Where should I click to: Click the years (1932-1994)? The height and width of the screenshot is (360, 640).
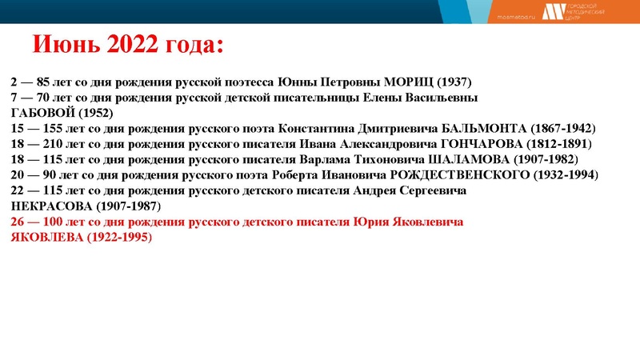pyautogui.click(x=565, y=174)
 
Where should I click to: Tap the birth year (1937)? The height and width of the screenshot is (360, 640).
pyautogui.click(x=459, y=82)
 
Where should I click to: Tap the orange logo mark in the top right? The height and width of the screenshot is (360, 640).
pyautogui.click(x=552, y=11)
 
